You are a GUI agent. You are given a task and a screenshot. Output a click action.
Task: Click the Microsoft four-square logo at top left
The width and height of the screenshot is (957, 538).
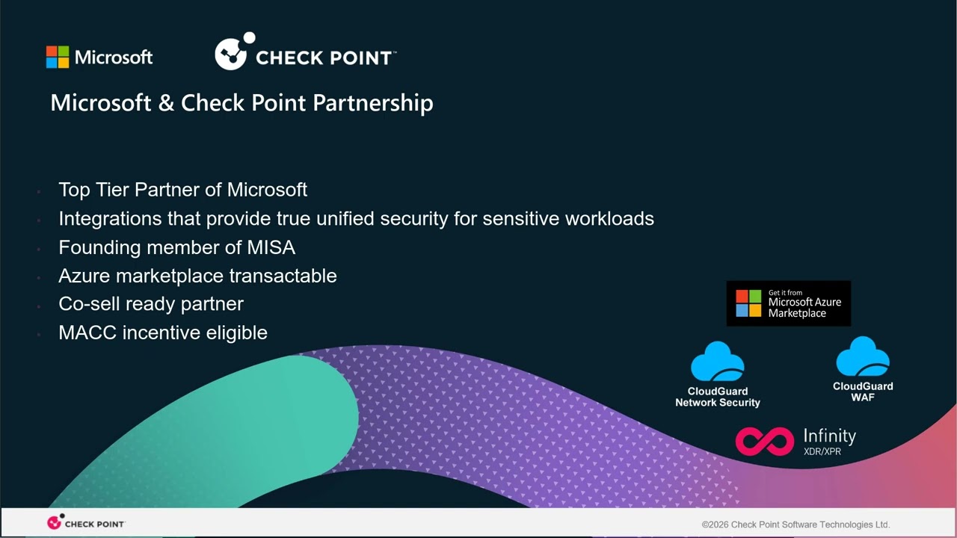58,58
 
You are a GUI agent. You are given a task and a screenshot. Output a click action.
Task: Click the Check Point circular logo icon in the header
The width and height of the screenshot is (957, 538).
233,53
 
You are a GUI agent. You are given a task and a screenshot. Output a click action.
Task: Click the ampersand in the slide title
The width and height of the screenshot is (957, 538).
166,103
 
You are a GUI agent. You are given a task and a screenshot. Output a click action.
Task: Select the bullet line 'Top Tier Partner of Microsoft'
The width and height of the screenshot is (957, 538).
182,190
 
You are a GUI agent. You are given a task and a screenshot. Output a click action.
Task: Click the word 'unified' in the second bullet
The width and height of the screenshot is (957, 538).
345,218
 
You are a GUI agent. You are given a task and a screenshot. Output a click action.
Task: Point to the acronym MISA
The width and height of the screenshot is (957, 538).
271,247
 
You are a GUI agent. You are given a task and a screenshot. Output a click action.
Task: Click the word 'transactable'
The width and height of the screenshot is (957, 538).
283,276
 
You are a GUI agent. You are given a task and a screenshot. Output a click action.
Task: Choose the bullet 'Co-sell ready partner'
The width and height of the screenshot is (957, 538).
151,304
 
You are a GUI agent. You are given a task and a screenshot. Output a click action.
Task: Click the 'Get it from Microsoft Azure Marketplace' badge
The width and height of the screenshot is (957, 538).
788,303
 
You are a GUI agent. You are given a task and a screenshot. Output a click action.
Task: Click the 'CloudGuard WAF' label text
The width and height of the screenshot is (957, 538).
863,392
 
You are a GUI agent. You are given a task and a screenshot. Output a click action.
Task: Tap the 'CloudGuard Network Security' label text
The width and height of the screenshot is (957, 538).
718,397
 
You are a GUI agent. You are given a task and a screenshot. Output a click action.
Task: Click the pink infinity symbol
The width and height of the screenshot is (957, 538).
764,441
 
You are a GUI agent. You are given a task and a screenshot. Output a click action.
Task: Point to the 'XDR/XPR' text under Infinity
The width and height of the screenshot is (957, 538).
822,451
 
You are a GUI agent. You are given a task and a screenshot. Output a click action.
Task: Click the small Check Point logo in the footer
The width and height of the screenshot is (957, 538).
86,523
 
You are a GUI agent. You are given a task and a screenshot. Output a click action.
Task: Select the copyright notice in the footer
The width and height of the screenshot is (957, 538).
796,525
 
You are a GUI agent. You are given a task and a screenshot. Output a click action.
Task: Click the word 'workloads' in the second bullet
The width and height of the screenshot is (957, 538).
609,218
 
